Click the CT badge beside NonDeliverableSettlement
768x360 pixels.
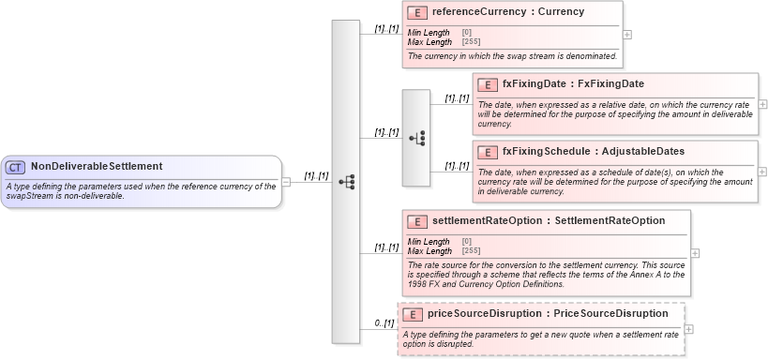[x=16, y=167]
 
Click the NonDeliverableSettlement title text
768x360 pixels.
[x=97, y=167]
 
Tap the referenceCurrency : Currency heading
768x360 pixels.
[x=507, y=12]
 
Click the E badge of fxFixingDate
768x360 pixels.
[x=487, y=84]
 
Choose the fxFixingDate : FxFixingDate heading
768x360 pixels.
[x=573, y=84]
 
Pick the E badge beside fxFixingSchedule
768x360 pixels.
[x=487, y=152]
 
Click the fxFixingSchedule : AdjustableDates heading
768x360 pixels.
[x=593, y=152]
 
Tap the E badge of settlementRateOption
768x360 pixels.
[x=418, y=221]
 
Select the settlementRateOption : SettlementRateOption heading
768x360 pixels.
[x=549, y=221]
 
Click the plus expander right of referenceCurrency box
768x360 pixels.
[x=627, y=35]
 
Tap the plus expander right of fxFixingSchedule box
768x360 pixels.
[x=762, y=172]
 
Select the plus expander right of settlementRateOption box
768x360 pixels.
[x=695, y=252]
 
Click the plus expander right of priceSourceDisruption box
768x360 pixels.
[x=689, y=329]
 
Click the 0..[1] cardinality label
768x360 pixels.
[x=384, y=323]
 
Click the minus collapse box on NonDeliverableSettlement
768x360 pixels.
[x=286, y=182]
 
